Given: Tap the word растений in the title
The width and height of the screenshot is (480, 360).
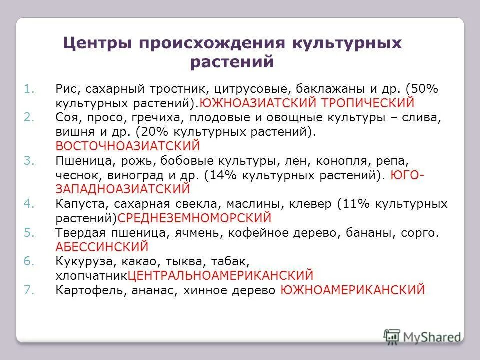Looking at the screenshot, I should point(232,63).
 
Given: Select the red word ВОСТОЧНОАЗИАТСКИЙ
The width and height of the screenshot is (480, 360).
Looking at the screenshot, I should point(127,146).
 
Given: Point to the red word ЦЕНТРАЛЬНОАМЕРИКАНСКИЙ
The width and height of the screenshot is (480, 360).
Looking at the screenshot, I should point(220,275).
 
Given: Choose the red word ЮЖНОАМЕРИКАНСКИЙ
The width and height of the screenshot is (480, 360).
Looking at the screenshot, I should point(352,290).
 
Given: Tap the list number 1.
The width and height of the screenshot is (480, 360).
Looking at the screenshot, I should point(28,89).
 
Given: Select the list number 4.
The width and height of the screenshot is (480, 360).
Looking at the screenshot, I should point(28,204).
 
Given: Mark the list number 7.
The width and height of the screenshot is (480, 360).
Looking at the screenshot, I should point(28,290).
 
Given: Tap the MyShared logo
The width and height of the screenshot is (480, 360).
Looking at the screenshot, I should point(422,336).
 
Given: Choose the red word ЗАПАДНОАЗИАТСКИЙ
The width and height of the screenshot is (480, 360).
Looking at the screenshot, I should point(123,189).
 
